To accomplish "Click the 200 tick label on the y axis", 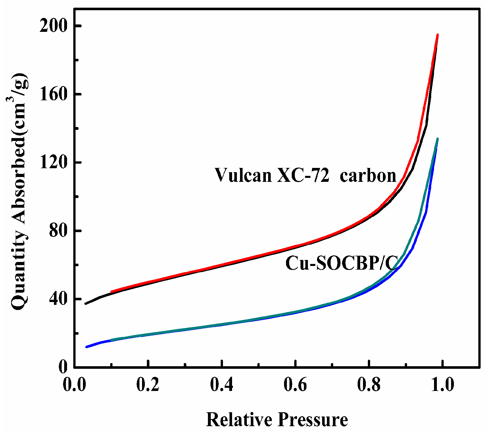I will [x=53, y=26].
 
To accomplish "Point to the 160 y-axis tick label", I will [x=53, y=94].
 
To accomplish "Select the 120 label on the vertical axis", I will [x=53, y=163].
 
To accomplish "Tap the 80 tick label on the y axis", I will [x=57, y=231].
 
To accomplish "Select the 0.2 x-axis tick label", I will [x=148, y=386].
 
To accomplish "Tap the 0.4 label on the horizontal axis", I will [x=222, y=386].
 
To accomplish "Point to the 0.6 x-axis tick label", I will [x=295, y=386].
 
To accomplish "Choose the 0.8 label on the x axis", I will [x=369, y=386].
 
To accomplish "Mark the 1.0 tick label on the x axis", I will [x=443, y=386].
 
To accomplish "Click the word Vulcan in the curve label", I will [x=243, y=175].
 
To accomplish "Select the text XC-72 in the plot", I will [x=303, y=175].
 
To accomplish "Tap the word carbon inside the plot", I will [x=368, y=176].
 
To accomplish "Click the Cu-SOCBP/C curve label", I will [x=341, y=263].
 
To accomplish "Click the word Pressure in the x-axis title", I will [x=312, y=419].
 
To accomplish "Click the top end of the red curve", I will [x=438, y=35].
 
